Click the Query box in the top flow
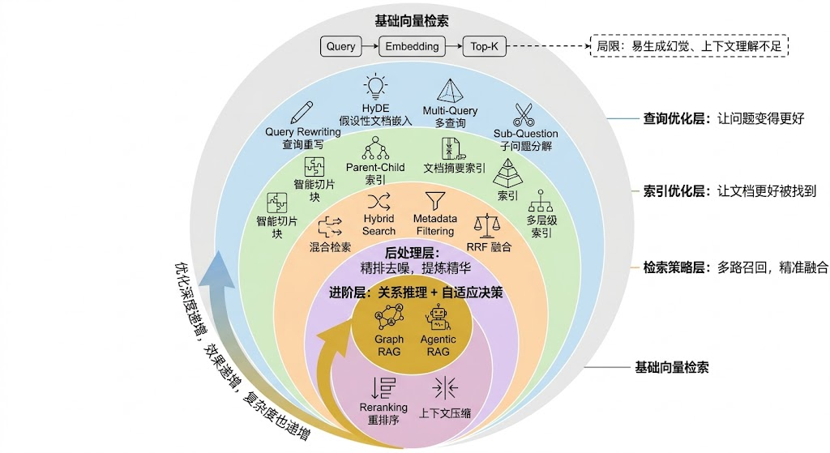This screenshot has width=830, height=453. coord(340,46)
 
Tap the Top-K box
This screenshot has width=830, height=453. coord(485,46)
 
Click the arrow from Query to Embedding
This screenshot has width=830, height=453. coord(370,46)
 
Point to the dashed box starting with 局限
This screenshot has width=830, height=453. coord(689,46)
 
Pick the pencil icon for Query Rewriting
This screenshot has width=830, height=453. coord(302,112)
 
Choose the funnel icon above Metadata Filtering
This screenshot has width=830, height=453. coord(435,200)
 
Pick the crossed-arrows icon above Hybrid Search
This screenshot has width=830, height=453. coord(379,199)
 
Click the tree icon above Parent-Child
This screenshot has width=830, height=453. coord(375,147)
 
